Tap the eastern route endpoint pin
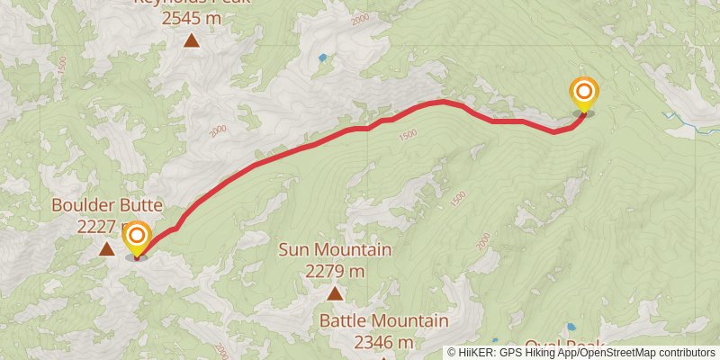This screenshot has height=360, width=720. (584, 93)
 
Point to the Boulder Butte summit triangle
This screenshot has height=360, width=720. (106, 248)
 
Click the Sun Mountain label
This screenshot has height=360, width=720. (335, 249)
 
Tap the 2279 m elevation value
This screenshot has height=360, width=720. (335, 270)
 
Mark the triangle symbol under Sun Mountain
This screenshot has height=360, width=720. (335, 292)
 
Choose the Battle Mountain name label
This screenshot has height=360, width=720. (383, 321)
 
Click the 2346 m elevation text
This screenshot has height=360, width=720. (383, 342)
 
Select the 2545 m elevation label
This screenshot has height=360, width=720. (191, 17)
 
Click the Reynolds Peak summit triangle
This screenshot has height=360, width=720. (191, 40)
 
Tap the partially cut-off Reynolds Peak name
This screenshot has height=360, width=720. (191, 3)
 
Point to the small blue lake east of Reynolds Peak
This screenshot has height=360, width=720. (322, 58)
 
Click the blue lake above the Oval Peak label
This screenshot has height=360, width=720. (571, 328)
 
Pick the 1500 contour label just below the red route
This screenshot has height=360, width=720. (407, 135)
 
